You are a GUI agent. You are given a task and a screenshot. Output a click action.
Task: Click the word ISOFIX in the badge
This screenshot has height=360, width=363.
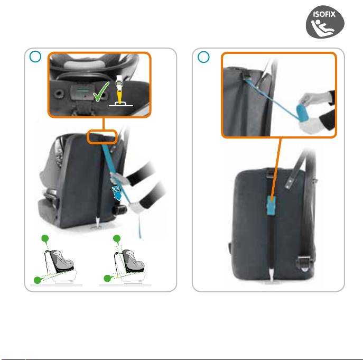coord(324,14)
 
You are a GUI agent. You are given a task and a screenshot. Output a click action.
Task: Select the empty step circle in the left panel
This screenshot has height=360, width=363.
coord(35,57)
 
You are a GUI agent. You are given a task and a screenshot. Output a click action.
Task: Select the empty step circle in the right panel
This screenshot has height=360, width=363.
coord(203,57)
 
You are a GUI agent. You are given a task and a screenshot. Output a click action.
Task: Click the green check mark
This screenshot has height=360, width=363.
coord(101,91)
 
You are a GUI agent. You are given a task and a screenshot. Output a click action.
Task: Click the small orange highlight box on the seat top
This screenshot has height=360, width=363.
coord(102,137)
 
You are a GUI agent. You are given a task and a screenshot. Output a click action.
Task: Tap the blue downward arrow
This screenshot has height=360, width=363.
coord(117,193)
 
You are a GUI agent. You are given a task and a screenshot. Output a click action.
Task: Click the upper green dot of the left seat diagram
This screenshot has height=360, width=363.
coord(45,238)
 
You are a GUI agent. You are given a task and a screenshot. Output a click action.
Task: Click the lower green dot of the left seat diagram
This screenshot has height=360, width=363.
coord(38,280)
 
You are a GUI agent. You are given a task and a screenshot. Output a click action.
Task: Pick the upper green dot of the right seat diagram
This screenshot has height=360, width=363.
coord(117,238)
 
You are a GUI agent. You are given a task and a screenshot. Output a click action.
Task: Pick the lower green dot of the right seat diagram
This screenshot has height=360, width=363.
coord(107,278)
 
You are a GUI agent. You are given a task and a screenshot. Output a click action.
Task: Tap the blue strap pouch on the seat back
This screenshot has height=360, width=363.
coord(271,206)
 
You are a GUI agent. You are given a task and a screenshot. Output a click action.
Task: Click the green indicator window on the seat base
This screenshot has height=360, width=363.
coord(82,91)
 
